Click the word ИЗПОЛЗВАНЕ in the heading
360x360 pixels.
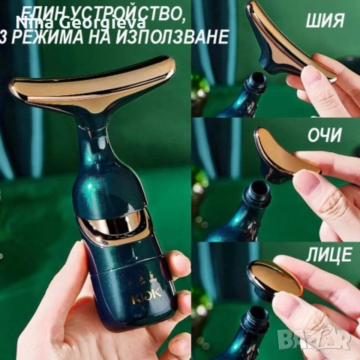[178, 36]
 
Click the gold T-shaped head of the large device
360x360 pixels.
[94, 85]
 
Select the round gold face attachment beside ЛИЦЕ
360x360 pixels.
[274, 277]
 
